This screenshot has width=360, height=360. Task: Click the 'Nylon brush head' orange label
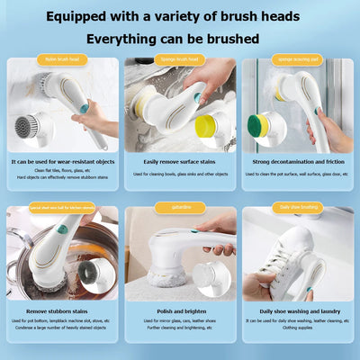coord(61,59)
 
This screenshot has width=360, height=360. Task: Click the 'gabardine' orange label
coord(179,207)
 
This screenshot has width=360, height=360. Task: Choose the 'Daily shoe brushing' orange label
coord(299,207)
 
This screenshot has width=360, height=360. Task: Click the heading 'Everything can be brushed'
coord(173,39)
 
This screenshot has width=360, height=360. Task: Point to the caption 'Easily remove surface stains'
coord(179,162)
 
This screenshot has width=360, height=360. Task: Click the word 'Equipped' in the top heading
coord(82,15)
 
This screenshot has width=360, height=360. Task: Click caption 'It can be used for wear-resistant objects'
coord(61,162)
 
